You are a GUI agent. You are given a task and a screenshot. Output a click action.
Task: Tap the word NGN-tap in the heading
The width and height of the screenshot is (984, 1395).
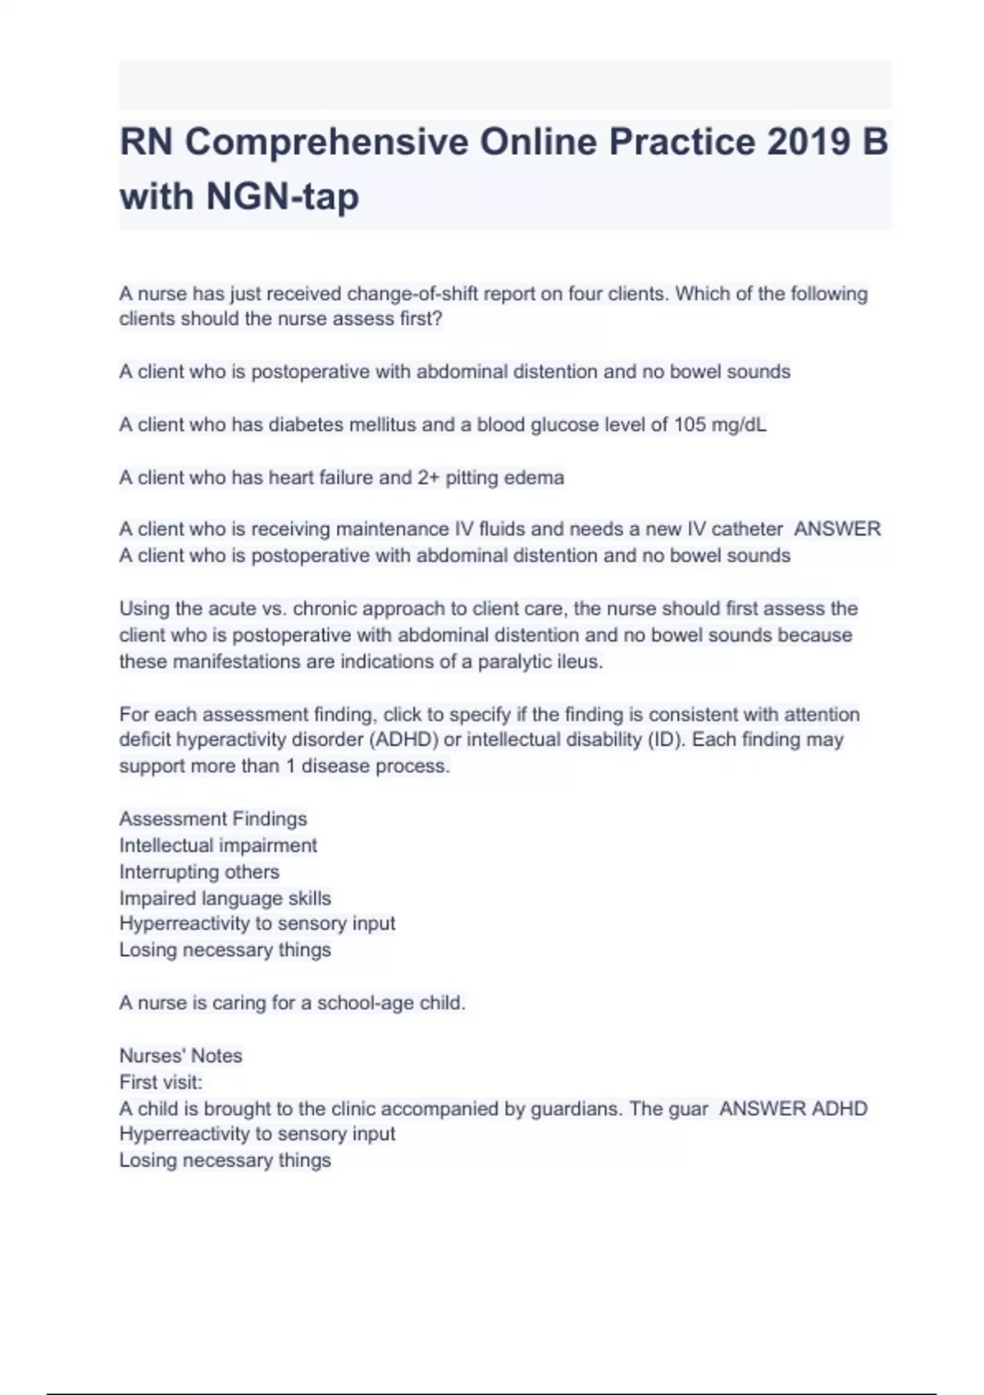click(283, 196)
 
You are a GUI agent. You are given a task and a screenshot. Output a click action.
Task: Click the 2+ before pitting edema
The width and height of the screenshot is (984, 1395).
click(429, 478)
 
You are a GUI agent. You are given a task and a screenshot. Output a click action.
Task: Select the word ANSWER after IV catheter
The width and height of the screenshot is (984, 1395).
click(837, 529)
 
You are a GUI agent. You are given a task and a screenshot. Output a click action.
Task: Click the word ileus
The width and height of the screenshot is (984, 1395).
click(578, 661)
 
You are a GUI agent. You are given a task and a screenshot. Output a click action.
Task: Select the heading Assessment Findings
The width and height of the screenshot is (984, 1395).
click(213, 819)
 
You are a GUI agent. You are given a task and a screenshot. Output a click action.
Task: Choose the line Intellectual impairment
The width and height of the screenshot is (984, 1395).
click(218, 845)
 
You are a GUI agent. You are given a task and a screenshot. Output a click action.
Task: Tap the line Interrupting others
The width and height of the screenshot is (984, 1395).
click(199, 871)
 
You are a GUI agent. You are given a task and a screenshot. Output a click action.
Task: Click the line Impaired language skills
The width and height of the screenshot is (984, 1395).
click(225, 898)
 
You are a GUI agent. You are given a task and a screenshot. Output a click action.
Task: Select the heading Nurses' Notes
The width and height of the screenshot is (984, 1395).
click(180, 1055)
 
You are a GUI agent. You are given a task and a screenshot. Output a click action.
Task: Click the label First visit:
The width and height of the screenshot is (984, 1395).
click(161, 1082)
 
